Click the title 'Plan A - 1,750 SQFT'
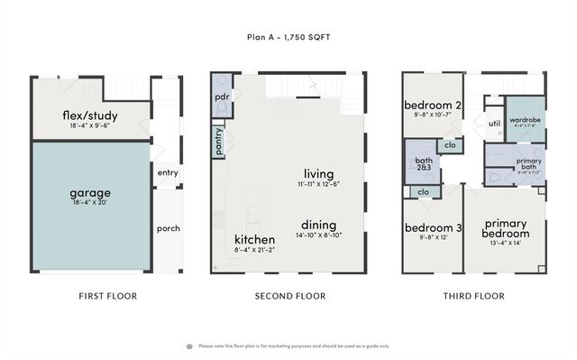[288, 37]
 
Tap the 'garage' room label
[90, 192]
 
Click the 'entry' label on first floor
[168, 173]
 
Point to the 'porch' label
[169, 227]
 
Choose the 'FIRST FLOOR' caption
[108, 296]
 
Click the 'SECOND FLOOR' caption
[289, 296]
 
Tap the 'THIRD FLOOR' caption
[473, 296]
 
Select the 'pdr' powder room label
[222, 96]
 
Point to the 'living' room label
[318, 172]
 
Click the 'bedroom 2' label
[433, 105]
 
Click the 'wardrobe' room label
[525, 119]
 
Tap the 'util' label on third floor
[493, 124]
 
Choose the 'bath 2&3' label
[424, 163]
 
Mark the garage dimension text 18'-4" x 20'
[90, 205]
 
